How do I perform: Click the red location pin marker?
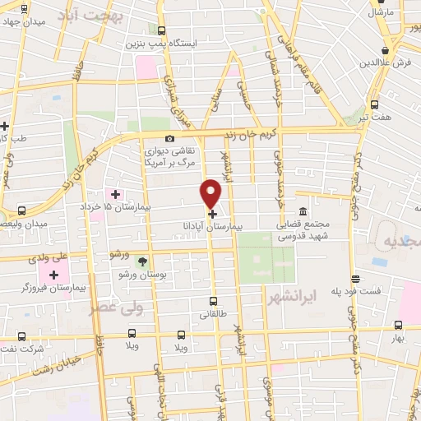click(x=211, y=193)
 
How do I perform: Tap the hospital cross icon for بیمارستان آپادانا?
click(x=212, y=213)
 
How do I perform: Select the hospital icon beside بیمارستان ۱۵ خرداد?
click(x=115, y=194)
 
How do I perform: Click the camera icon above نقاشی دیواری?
click(x=169, y=140)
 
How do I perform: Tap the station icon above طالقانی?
click(x=213, y=302)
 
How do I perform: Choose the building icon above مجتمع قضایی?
click(x=303, y=211)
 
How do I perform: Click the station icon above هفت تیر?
click(x=375, y=104)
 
